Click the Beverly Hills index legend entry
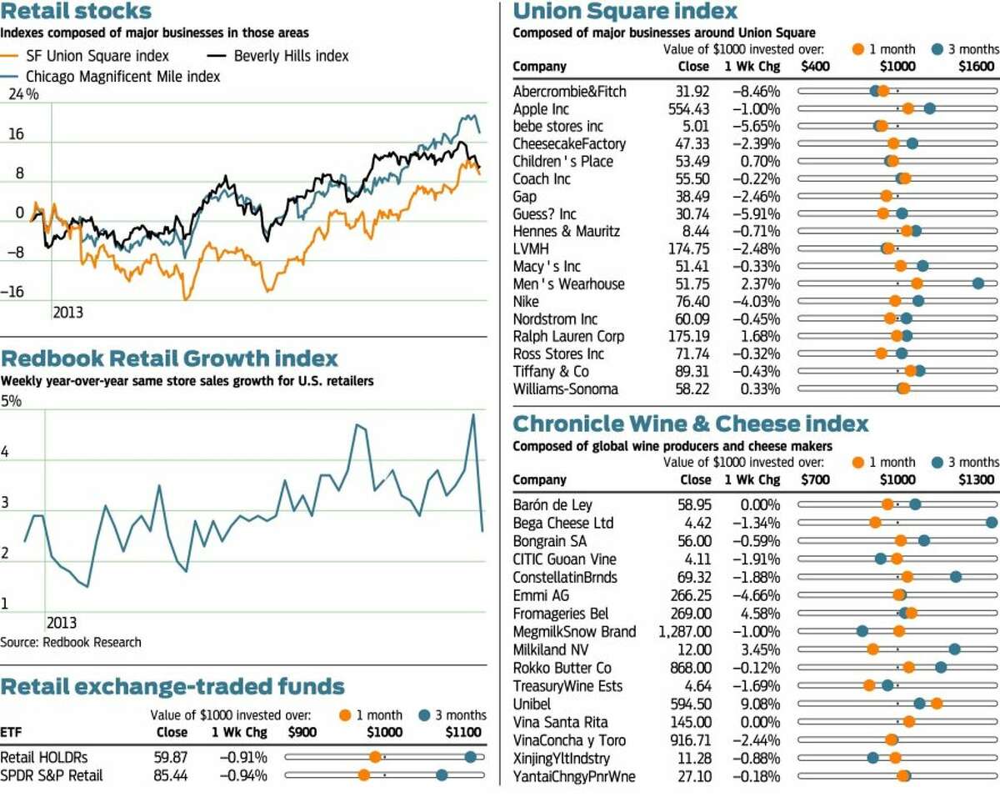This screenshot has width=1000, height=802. click(277, 56)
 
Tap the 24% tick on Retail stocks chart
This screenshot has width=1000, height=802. click(23, 94)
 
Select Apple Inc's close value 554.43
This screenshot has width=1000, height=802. click(688, 108)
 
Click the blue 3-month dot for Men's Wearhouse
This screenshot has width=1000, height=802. click(978, 283)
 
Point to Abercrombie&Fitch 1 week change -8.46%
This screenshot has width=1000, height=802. click(757, 91)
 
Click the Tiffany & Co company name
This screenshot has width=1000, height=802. click(551, 371)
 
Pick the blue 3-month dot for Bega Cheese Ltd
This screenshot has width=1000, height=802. click(992, 523)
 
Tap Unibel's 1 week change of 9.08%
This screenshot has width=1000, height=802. click(760, 704)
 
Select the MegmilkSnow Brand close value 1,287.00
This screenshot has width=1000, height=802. click(685, 631)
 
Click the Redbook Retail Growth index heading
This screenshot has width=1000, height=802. click(169, 358)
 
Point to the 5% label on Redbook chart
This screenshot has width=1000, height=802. click(11, 401)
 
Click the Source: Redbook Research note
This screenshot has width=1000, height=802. click(71, 642)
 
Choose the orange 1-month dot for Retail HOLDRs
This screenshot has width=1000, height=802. click(376, 757)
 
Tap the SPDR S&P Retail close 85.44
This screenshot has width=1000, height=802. click(171, 775)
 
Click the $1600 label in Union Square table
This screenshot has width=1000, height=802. click(977, 66)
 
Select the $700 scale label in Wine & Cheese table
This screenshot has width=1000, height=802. click(815, 479)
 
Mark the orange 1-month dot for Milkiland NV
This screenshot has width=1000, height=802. click(872, 649)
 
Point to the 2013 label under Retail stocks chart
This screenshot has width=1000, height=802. click(67, 313)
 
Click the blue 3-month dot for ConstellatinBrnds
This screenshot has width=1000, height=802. click(956, 577)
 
